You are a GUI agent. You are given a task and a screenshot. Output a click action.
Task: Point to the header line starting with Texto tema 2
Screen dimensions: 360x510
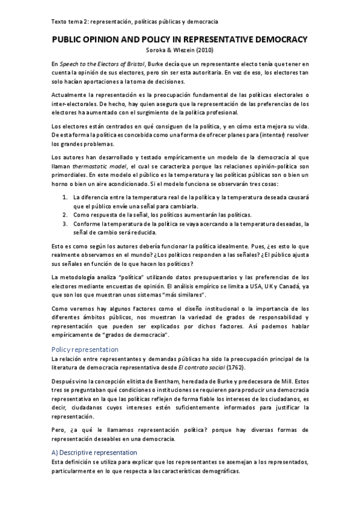(135, 22)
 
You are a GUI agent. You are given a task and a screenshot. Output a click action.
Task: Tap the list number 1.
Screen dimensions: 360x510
(65, 197)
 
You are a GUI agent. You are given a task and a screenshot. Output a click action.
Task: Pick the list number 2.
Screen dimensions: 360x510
(65, 215)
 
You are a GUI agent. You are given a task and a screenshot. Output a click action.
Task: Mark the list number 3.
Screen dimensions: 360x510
(65, 224)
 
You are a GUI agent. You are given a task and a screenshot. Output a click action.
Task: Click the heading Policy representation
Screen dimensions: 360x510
(85, 349)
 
